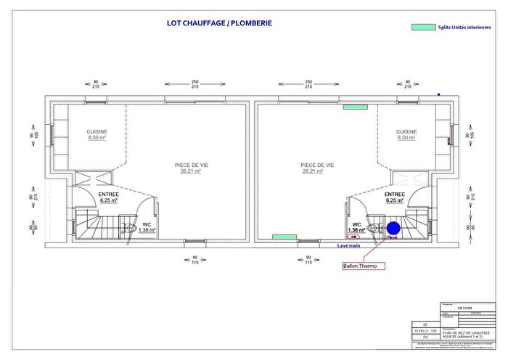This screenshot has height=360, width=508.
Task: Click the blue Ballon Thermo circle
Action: (x=393, y=229)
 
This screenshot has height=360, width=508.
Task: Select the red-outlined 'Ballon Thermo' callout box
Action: (x=364, y=266)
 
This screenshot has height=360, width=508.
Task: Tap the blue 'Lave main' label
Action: (x=349, y=245)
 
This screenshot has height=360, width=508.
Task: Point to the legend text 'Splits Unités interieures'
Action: (x=464, y=27)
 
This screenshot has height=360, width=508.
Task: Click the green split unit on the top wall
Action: (x=355, y=107)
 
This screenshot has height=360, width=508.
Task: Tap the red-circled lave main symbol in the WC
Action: (x=354, y=236)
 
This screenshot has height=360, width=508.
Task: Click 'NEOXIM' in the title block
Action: (x=465, y=308)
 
